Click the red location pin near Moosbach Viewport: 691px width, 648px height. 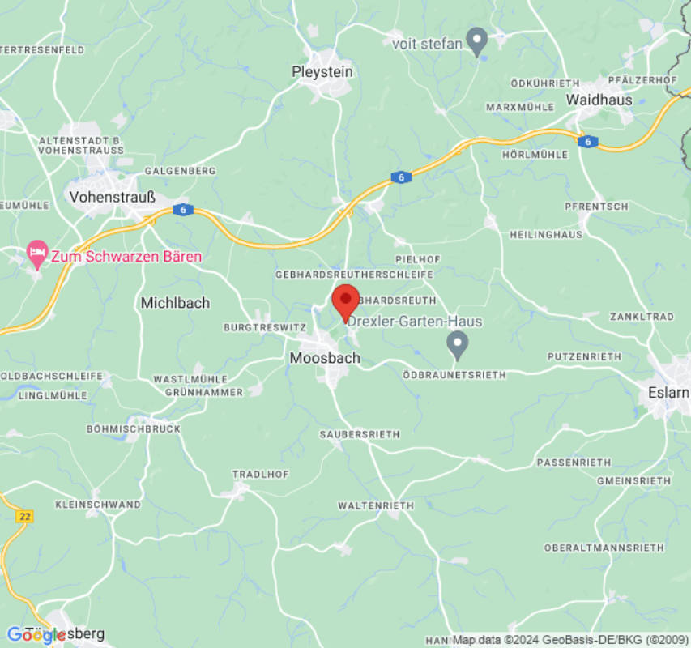346,302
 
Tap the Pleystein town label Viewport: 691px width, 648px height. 322,72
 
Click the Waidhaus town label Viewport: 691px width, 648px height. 599,100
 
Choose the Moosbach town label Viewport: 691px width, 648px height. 325,357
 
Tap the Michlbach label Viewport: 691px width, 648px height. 175,303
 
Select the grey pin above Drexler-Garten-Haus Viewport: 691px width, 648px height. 458,344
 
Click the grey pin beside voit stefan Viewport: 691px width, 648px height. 478,40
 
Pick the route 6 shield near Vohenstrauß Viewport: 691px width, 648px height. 184,210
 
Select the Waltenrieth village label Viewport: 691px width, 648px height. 376,505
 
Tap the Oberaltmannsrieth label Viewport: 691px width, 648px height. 604,548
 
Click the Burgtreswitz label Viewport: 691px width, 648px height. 264,328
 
